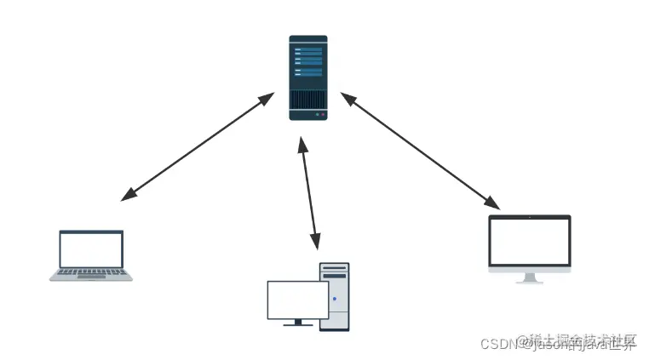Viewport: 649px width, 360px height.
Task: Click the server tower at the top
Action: pos(307,77)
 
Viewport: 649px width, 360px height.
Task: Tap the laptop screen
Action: pos(91,249)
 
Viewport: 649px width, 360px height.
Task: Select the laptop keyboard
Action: pos(91,273)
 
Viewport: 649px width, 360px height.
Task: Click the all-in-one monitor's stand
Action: pos(529,277)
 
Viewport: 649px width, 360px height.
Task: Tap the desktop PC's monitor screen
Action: pos(297,300)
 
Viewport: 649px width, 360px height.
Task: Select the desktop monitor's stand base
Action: pos(297,324)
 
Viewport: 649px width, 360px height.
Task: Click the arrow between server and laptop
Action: pos(197,147)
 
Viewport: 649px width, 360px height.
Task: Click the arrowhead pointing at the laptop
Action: pos(129,195)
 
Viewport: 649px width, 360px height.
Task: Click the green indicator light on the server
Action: pos(316,114)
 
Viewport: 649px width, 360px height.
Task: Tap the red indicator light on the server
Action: pos(322,114)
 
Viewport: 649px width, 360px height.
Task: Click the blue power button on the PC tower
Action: pos(334,299)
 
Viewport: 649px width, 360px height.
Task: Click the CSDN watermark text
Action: pos(499,345)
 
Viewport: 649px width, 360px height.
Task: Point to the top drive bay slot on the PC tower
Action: pos(335,268)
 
